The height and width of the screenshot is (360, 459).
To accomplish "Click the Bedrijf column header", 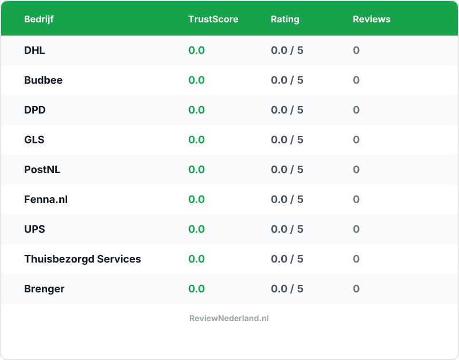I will pyautogui.click(x=39, y=19).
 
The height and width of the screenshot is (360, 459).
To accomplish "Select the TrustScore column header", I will pyautogui.click(x=213, y=19).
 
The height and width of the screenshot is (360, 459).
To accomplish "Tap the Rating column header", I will pyautogui.click(x=285, y=19).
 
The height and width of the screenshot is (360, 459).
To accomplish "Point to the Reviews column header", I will pyautogui.click(x=371, y=19).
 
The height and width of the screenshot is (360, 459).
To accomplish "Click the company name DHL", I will pyautogui.click(x=34, y=50).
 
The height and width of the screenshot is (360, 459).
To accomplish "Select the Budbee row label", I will pyautogui.click(x=43, y=80).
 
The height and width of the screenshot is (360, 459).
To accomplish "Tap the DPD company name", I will pyautogui.click(x=34, y=110).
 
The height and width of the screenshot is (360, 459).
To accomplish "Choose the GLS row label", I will pyautogui.click(x=34, y=140).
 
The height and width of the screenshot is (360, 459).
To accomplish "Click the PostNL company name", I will pyautogui.click(x=42, y=170).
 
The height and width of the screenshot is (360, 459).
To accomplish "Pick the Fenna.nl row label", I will pyautogui.click(x=46, y=199).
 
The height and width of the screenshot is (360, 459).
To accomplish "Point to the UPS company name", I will pyautogui.click(x=34, y=229).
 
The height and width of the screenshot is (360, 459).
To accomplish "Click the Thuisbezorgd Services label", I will pyautogui.click(x=82, y=259).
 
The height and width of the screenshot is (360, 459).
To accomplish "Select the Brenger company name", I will pyautogui.click(x=44, y=289).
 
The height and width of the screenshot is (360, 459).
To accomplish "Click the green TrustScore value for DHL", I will pyautogui.click(x=196, y=50).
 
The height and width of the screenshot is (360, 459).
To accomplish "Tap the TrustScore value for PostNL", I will pyautogui.click(x=196, y=170).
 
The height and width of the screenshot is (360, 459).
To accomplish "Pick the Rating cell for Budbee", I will pyautogui.click(x=287, y=80).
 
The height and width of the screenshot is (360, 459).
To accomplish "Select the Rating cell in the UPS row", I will pyautogui.click(x=287, y=229).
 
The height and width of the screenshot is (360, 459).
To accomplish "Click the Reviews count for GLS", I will pyautogui.click(x=356, y=140).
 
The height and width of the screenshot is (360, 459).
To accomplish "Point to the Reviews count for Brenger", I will pyautogui.click(x=356, y=289).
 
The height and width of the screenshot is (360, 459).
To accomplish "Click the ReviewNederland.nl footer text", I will pyautogui.click(x=229, y=318).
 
